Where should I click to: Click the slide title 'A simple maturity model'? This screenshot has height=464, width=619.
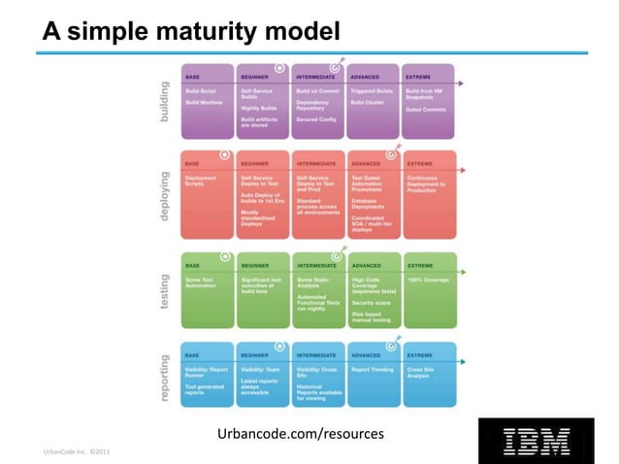click(x=190, y=32)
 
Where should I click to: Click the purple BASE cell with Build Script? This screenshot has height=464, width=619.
click(x=207, y=102)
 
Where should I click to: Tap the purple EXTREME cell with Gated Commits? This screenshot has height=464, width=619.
click(x=429, y=102)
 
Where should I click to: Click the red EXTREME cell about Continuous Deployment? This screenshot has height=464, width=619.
click(x=429, y=194)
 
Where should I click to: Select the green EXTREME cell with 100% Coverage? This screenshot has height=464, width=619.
click(x=429, y=288)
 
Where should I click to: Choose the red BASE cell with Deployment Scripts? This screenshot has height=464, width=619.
click(x=207, y=194)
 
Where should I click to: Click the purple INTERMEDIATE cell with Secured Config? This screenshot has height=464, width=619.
click(x=318, y=102)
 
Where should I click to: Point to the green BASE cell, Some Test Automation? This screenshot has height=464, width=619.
click(x=207, y=288)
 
